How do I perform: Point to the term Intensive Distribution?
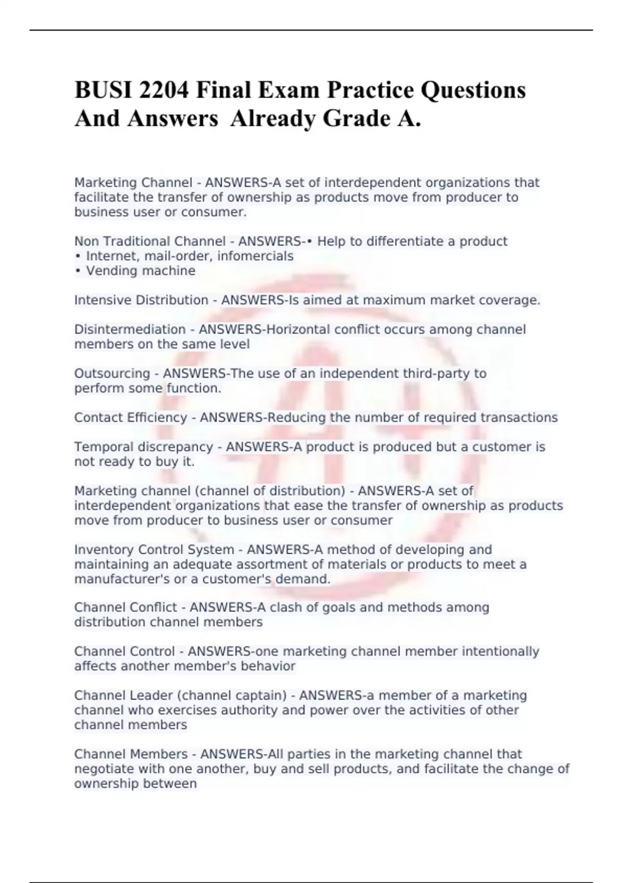141,300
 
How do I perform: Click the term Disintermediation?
130,330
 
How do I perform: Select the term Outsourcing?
112,374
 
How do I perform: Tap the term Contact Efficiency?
130,418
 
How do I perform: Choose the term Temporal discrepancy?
143,447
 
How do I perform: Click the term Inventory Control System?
154,550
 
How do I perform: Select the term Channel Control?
125,652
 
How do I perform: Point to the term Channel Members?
131,754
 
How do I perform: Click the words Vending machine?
140,271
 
